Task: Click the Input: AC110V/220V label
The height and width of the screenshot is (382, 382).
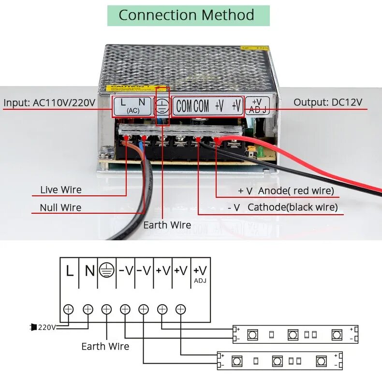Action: [49, 103]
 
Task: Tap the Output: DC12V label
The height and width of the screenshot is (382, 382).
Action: [328, 102]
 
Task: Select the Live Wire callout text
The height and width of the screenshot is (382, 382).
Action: [61, 190]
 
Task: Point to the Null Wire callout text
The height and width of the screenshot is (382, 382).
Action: [61, 208]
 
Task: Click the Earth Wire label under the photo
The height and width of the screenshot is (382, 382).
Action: [167, 225]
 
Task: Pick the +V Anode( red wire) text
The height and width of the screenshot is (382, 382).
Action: [286, 191]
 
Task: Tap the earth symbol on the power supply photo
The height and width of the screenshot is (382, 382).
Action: [163, 106]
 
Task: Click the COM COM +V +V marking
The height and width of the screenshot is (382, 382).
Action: [208, 106]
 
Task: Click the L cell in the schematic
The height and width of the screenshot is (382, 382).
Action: [70, 271]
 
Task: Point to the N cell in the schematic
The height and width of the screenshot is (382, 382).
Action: [89, 271]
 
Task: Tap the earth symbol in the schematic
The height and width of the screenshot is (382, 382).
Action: [107, 271]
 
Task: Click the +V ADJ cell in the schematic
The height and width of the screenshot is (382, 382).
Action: [200, 273]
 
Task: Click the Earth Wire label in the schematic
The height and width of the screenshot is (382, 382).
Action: [105, 346]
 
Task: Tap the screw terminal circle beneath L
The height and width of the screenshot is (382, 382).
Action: [69, 308]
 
